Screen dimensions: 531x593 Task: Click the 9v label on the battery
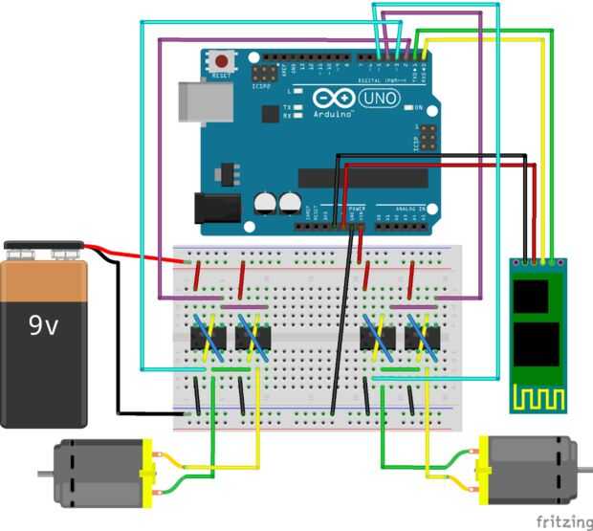pyautogui.click(x=42, y=326)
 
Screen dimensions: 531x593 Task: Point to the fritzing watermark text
pyautogui.click(x=561, y=520)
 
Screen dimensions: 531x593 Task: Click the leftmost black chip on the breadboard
pyautogui.click(x=205, y=339)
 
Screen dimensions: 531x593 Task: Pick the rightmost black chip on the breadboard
pyautogui.click(x=418, y=339)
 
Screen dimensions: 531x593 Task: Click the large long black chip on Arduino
pyautogui.click(x=362, y=178)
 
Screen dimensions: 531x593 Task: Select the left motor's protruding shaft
pyautogui.click(x=43, y=474)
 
